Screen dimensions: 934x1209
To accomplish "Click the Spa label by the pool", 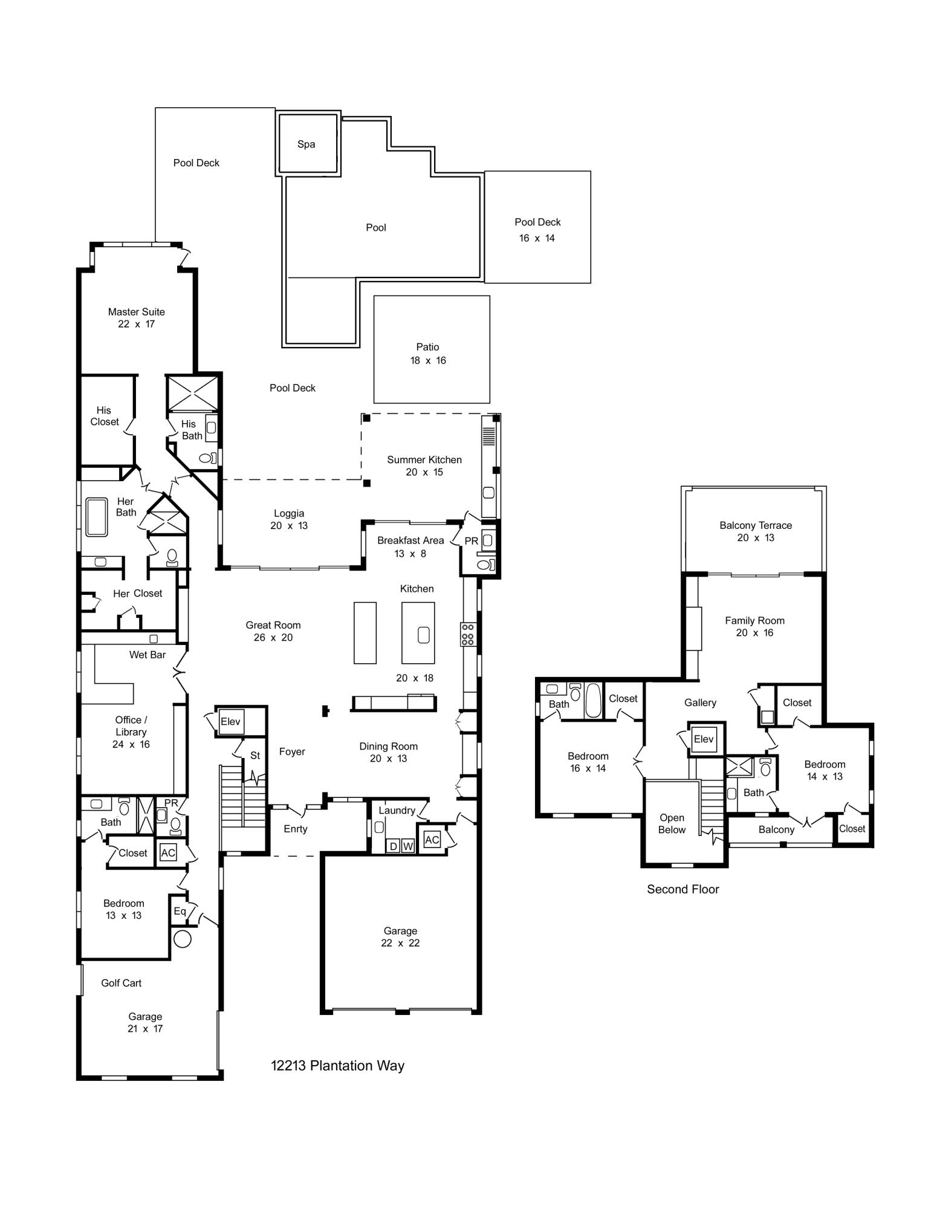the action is pyautogui.click(x=306, y=144).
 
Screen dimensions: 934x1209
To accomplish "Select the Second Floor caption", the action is pyautogui.click(x=683, y=889).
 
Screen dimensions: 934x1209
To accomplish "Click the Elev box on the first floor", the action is pyautogui.click(x=230, y=722).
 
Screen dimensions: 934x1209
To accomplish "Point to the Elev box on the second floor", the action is pyautogui.click(x=704, y=739).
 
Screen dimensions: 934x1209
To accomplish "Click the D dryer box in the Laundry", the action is pyautogui.click(x=394, y=846).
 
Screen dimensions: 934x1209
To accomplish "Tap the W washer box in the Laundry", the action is pyautogui.click(x=408, y=846).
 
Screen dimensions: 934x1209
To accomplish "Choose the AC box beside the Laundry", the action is pyautogui.click(x=432, y=840).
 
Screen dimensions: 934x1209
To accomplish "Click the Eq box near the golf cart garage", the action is pyautogui.click(x=180, y=910).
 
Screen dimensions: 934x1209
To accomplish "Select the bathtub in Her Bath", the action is pyautogui.click(x=97, y=517).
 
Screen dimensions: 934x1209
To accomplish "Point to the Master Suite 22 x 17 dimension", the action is pyautogui.click(x=137, y=324).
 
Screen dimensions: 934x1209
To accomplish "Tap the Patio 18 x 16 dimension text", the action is pyautogui.click(x=428, y=360).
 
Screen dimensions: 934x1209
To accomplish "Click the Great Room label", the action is pyautogui.click(x=273, y=625).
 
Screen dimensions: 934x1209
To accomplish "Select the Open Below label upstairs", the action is pyautogui.click(x=672, y=823).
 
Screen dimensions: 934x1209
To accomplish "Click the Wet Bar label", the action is pyautogui.click(x=148, y=655).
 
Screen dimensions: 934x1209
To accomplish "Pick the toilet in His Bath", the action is pyautogui.click(x=207, y=458).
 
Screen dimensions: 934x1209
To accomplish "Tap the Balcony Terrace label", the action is pyautogui.click(x=756, y=525).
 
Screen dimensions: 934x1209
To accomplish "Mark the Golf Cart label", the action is pyautogui.click(x=121, y=983).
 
